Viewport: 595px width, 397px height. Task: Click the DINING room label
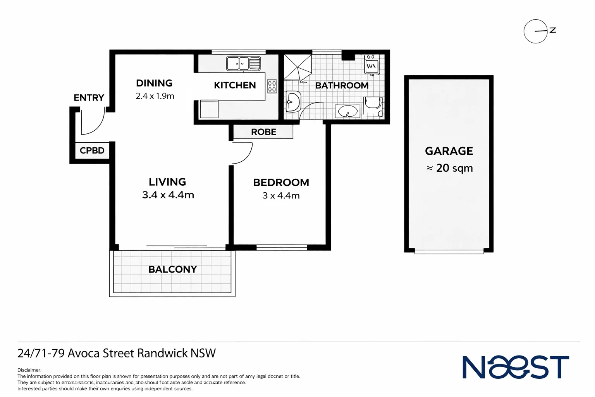(154, 83)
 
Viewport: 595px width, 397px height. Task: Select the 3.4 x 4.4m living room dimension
(168, 195)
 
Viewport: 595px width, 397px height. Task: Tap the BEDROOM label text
(281, 182)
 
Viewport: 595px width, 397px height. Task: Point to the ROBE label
(263, 132)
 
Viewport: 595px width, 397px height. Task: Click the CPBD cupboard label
(92, 150)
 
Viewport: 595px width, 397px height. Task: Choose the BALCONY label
(173, 269)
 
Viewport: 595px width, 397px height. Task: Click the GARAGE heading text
(449, 151)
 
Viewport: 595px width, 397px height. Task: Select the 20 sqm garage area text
(454, 168)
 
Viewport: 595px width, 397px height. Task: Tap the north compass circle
(535, 31)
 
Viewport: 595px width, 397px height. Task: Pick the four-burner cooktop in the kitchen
(272, 86)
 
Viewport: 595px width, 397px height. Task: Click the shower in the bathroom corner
(297, 67)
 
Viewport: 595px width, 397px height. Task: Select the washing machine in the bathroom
(371, 65)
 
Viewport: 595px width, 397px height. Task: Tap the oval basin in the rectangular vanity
(347, 112)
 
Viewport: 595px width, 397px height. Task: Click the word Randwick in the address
(162, 353)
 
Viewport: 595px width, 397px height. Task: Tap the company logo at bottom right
(516, 367)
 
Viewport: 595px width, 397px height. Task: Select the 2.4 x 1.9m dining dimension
(155, 96)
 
